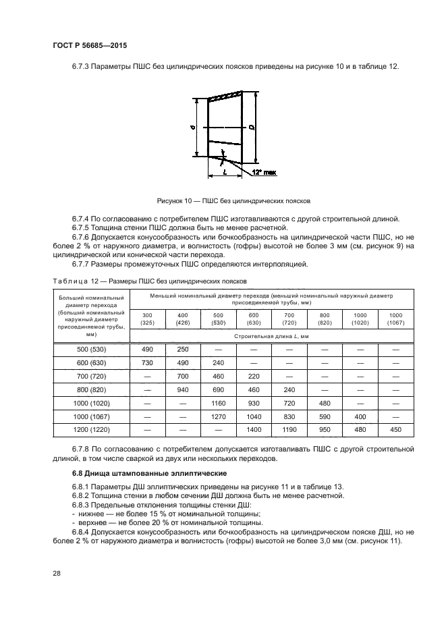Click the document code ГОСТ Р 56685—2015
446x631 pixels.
tap(89, 45)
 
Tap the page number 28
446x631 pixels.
tap(56, 573)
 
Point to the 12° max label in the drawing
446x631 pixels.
tap(264, 172)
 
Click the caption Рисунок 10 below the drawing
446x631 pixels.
tap(233, 200)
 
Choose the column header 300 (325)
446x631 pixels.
tap(146, 319)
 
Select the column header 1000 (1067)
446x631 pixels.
tap(395, 319)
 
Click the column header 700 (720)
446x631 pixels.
tap(288, 319)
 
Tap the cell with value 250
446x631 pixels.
tap(182, 349)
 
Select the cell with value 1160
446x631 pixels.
tap(217, 402)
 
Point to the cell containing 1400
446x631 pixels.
tap(253, 429)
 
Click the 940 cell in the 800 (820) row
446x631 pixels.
tap(182, 389)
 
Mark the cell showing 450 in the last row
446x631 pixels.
tap(395, 429)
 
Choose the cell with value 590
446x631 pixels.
tap(324, 416)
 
